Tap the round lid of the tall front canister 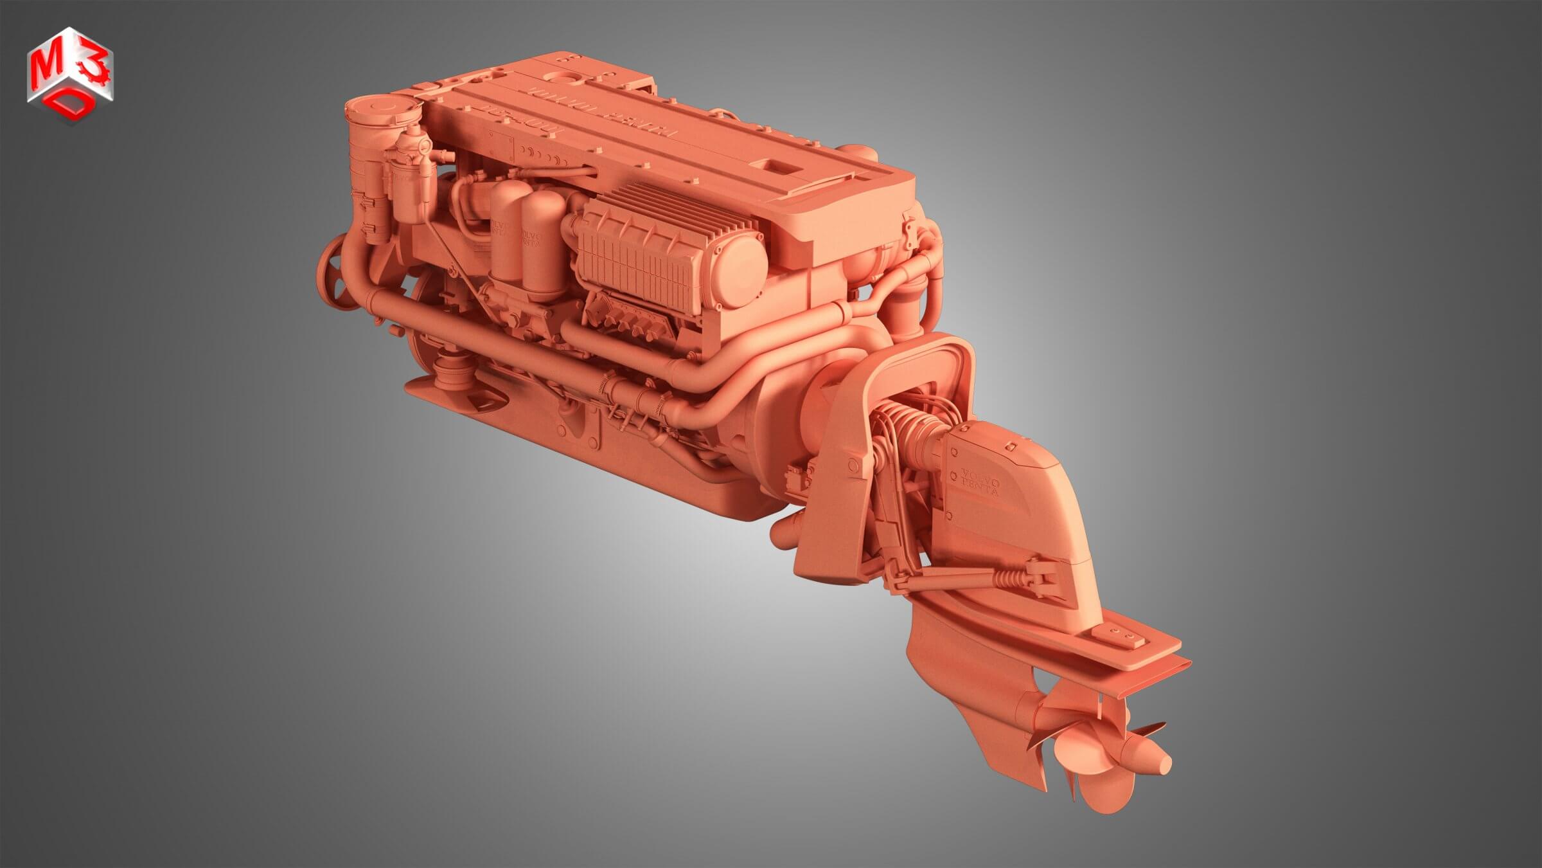[x=379, y=109]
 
